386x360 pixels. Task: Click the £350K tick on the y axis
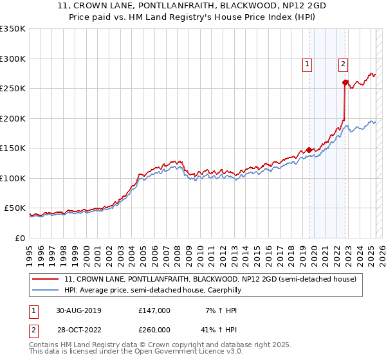tap(13, 29)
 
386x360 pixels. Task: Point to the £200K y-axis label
tap(13, 118)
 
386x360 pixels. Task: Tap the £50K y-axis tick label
tap(15, 208)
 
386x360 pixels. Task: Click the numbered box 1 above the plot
tap(308, 64)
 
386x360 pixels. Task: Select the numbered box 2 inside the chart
tap(344, 64)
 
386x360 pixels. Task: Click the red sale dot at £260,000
tap(345, 82)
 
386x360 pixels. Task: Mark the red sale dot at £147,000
tap(309, 150)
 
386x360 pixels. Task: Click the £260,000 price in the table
tap(154, 330)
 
